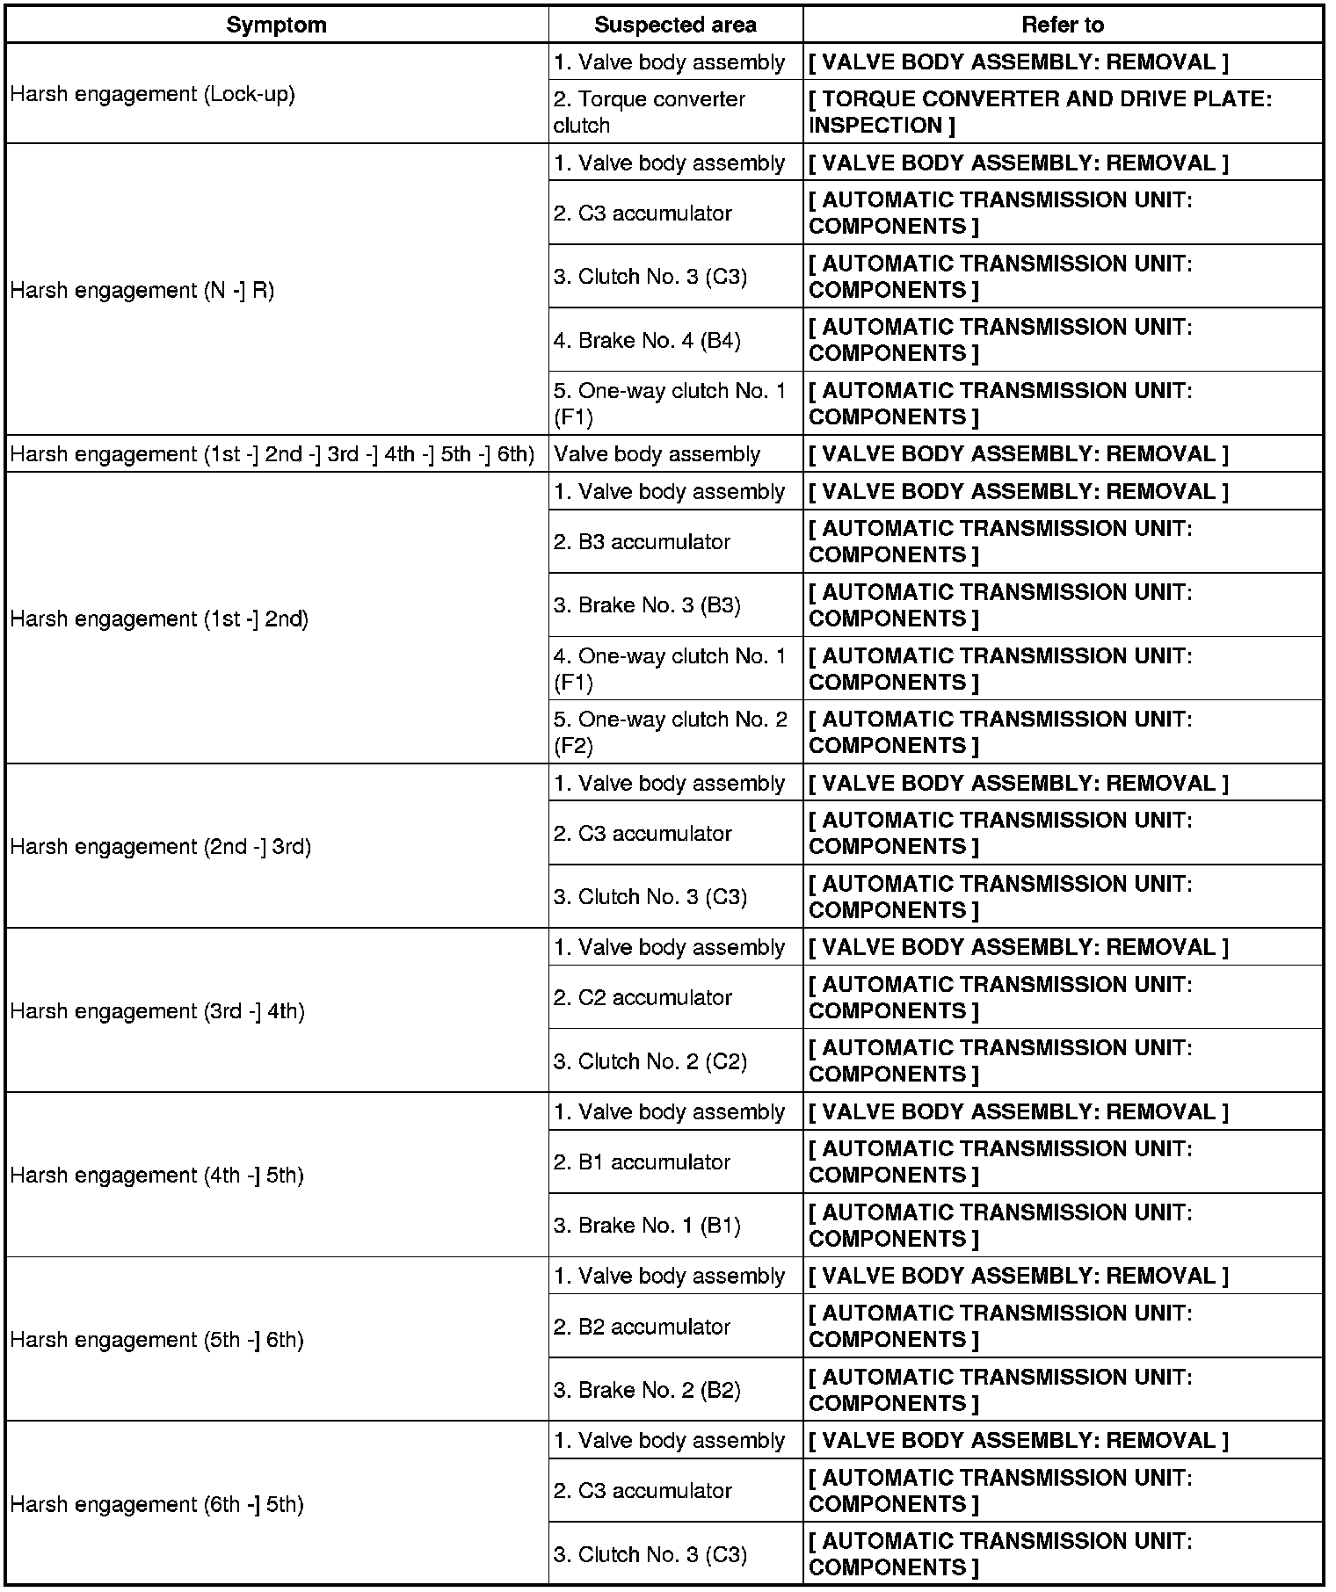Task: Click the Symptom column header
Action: pyautogui.click(x=276, y=25)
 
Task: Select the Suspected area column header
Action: pyautogui.click(x=675, y=25)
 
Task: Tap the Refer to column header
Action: pyautogui.click(x=1062, y=25)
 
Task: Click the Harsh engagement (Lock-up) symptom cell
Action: pyautogui.click(x=153, y=94)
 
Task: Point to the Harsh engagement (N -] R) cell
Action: pyautogui.click(x=142, y=290)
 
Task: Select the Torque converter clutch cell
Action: pyautogui.click(x=650, y=112)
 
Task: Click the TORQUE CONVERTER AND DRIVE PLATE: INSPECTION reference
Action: pyautogui.click(x=1040, y=112)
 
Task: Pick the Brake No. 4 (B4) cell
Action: pyautogui.click(x=647, y=340)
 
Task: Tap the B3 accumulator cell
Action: pyautogui.click(x=642, y=541)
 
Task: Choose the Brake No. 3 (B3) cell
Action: pyautogui.click(x=647, y=605)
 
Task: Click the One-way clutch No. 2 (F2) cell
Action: pyautogui.click(x=671, y=732)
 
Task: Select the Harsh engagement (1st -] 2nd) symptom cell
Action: pyautogui.click(x=159, y=619)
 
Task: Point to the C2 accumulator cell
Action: pyautogui.click(x=643, y=997)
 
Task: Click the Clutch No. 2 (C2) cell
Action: pyautogui.click(x=650, y=1061)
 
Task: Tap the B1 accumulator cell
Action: pyautogui.click(x=642, y=1161)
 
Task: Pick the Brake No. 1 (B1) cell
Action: pyautogui.click(x=647, y=1225)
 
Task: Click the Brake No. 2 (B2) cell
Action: pyautogui.click(x=647, y=1390)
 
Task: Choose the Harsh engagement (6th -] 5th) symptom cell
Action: pyautogui.click(x=156, y=1504)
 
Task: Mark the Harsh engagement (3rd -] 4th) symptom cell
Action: pyautogui.click(x=157, y=1010)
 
